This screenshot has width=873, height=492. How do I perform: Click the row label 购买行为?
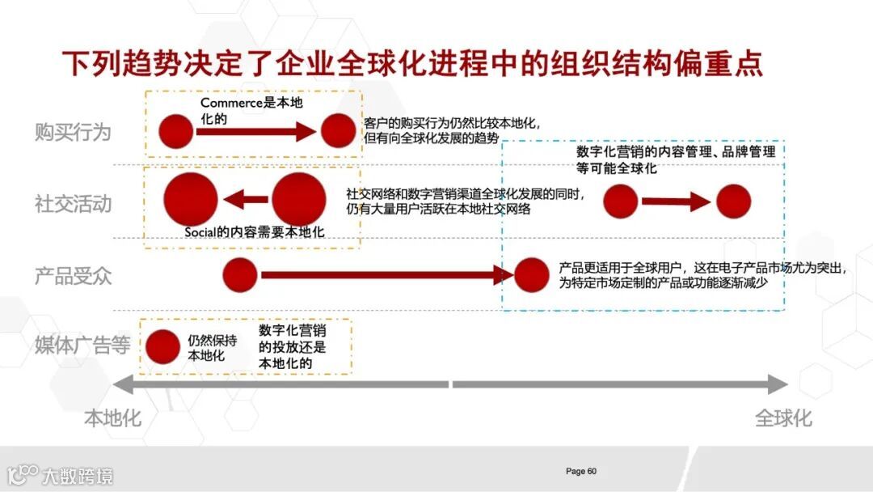coord(73,132)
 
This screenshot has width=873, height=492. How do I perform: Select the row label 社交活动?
coord(73,203)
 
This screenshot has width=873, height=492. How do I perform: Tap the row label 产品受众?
coord(73,276)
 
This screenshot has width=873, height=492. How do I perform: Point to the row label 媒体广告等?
coord(82,346)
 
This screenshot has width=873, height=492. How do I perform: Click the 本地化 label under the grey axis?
coord(112,418)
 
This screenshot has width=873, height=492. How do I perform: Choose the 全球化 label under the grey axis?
coord(783,418)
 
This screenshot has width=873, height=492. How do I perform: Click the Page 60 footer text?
coord(581,471)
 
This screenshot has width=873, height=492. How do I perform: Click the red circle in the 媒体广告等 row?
coord(162,346)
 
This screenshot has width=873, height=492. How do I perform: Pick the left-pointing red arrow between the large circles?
coord(246,199)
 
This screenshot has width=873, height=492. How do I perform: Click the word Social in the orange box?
coord(201,232)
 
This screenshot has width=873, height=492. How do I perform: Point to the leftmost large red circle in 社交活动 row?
coord(191,199)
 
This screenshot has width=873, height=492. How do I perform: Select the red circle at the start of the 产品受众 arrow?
coord(240,275)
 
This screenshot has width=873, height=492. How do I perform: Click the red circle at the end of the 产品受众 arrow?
coord(531,275)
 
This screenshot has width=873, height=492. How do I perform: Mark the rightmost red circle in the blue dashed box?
coord(733,201)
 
